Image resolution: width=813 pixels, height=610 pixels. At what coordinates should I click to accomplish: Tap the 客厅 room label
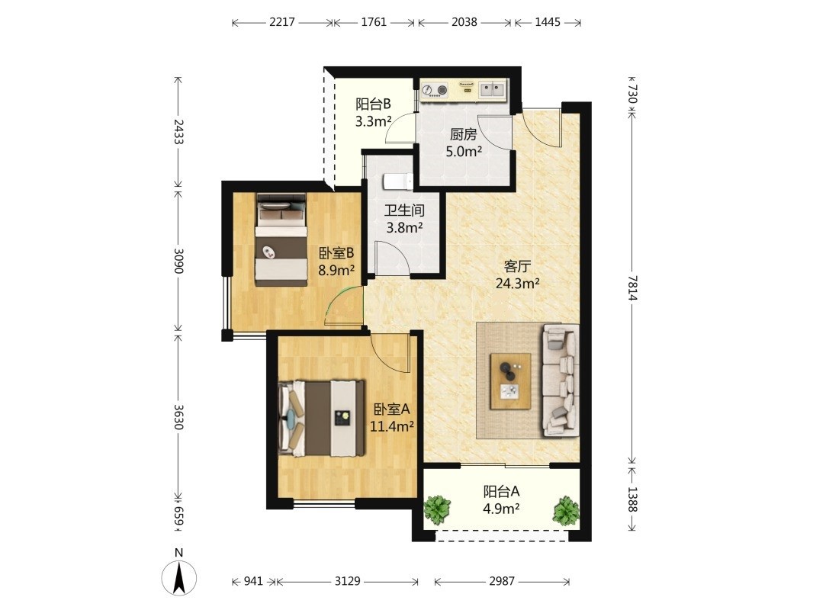pyautogui.click(x=517, y=267)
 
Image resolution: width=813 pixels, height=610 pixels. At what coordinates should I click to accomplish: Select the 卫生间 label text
pyautogui.click(x=404, y=210)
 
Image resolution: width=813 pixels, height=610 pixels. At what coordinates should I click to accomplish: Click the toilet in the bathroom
pyautogui.click(x=397, y=182)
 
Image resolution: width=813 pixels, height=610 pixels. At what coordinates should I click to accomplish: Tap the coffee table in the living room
pyautogui.click(x=511, y=381)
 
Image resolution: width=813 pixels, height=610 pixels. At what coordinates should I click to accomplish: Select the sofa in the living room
pyautogui.click(x=560, y=380)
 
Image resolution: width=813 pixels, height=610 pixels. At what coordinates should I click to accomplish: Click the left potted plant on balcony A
pyautogui.click(x=438, y=509)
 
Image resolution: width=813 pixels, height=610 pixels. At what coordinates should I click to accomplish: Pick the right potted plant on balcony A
pyautogui.click(x=566, y=510)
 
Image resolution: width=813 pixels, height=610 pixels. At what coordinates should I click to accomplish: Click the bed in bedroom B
pyautogui.click(x=281, y=239)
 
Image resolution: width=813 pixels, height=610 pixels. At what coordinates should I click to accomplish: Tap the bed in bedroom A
pyautogui.click(x=322, y=419)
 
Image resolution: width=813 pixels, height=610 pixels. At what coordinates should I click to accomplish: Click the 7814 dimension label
pyautogui.click(x=632, y=287)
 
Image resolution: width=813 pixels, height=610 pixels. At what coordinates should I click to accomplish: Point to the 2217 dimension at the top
pyautogui.click(x=282, y=22)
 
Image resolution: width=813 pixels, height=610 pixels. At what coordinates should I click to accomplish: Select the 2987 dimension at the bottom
pyautogui.click(x=502, y=581)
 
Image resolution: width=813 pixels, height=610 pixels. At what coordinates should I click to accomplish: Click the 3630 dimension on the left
pyautogui.click(x=178, y=416)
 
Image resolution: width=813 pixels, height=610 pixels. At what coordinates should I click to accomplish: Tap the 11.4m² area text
pyautogui.click(x=391, y=426)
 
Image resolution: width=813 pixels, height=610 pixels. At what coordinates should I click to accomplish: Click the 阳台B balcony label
pyautogui.click(x=373, y=104)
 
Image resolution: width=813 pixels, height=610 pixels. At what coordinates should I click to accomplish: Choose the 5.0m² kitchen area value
pyautogui.click(x=464, y=151)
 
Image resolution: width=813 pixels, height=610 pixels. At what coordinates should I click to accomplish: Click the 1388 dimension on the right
pyautogui.click(x=632, y=499)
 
